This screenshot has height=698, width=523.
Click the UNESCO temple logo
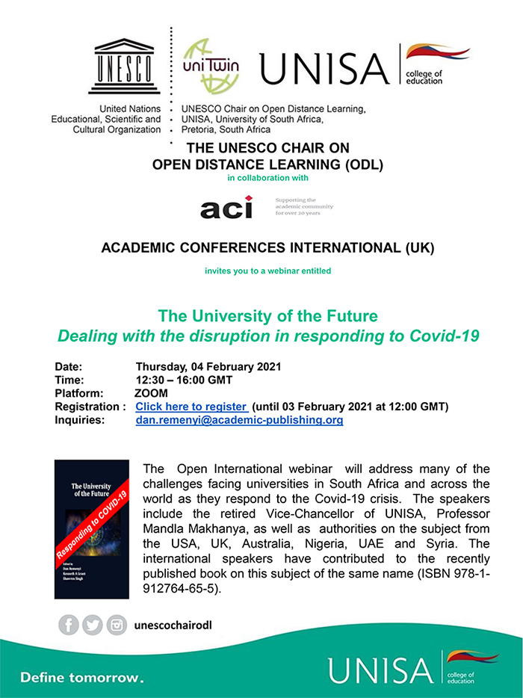click(124, 68)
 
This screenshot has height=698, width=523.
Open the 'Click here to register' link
click(191, 407)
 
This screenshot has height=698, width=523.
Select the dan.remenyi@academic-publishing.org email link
click(239, 421)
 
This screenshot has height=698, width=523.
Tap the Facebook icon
click(69, 625)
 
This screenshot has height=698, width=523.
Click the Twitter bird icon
click(93, 625)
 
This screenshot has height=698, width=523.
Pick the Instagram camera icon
click(117, 625)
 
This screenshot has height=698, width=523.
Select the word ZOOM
click(151, 393)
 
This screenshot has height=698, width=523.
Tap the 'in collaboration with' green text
click(267, 178)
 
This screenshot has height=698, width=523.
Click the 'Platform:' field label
click(79, 393)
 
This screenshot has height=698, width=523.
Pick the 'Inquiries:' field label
click(80, 421)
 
